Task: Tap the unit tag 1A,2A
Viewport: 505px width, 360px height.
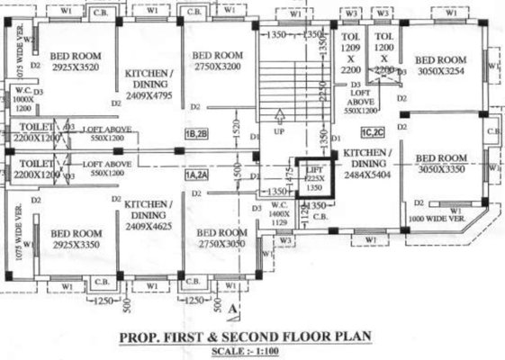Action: pyautogui.click(x=197, y=176)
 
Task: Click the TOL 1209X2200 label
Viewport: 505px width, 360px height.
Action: pyautogui.click(x=351, y=50)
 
